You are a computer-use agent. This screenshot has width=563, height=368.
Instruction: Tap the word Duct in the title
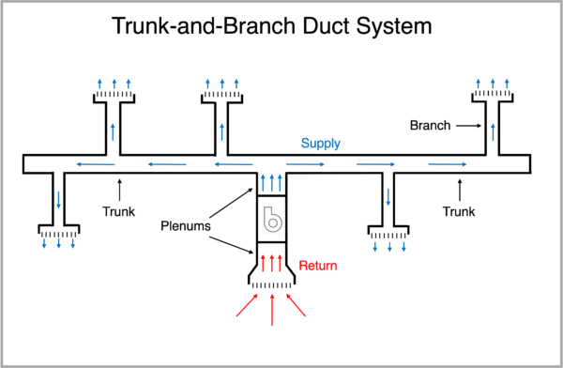coord(312,26)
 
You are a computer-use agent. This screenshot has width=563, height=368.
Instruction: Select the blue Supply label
coord(321,144)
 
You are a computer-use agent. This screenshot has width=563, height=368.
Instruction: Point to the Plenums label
coord(184,227)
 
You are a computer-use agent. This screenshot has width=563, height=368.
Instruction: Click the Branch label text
coord(432,124)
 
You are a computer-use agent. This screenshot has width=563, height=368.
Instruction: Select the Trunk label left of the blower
coord(119,212)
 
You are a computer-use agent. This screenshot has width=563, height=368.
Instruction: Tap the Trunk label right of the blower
coord(459,212)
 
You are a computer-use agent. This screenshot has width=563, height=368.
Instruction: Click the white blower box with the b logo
coord(272,219)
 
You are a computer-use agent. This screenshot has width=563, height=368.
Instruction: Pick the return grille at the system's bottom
coord(272,284)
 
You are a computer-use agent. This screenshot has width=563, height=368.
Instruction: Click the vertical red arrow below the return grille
coord(272,310)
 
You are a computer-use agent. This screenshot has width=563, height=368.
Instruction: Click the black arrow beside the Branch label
coord(468,124)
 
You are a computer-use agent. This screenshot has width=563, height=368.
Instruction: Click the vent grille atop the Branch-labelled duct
coord(492,95)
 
